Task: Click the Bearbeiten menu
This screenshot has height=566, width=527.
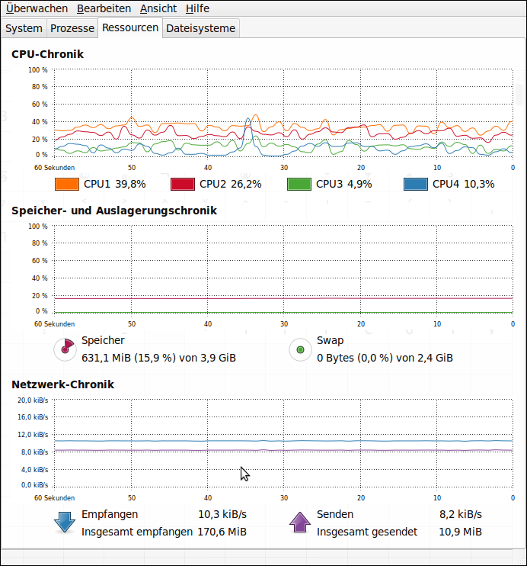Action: pyautogui.click(x=104, y=8)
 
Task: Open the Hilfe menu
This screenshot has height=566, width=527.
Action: pyautogui.click(x=197, y=8)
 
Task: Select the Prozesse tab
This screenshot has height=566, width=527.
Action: pyautogui.click(x=72, y=28)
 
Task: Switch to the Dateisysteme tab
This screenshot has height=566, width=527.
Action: pyautogui.click(x=201, y=28)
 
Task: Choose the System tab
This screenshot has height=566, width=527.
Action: pyautogui.click(x=24, y=28)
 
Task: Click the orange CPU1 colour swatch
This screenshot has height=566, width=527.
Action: pyautogui.click(x=67, y=184)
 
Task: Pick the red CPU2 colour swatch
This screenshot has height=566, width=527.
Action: pyautogui.click(x=183, y=184)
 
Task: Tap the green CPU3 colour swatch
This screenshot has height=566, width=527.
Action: pyautogui.click(x=299, y=184)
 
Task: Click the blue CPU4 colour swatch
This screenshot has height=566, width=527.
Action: pyautogui.click(x=416, y=184)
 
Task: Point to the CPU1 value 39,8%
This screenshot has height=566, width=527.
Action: pyautogui.click(x=130, y=184)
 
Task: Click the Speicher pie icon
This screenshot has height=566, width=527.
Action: pyautogui.click(x=65, y=349)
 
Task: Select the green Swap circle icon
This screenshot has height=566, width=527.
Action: pyautogui.click(x=301, y=349)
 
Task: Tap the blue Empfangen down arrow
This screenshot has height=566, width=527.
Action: pyautogui.click(x=64, y=523)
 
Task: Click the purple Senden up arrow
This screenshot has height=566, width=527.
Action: pyautogui.click(x=299, y=523)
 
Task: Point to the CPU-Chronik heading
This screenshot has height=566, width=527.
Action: pyautogui.click(x=47, y=54)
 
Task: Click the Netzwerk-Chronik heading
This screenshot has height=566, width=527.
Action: pyautogui.click(x=62, y=384)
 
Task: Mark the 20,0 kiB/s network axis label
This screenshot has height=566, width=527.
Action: pyautogui.click(x=33, y=400)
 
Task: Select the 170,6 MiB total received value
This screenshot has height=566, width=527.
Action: pyautogui.click(x=222, y=532)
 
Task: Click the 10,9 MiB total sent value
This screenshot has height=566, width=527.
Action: pyautogui.click(x=460, y=532)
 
